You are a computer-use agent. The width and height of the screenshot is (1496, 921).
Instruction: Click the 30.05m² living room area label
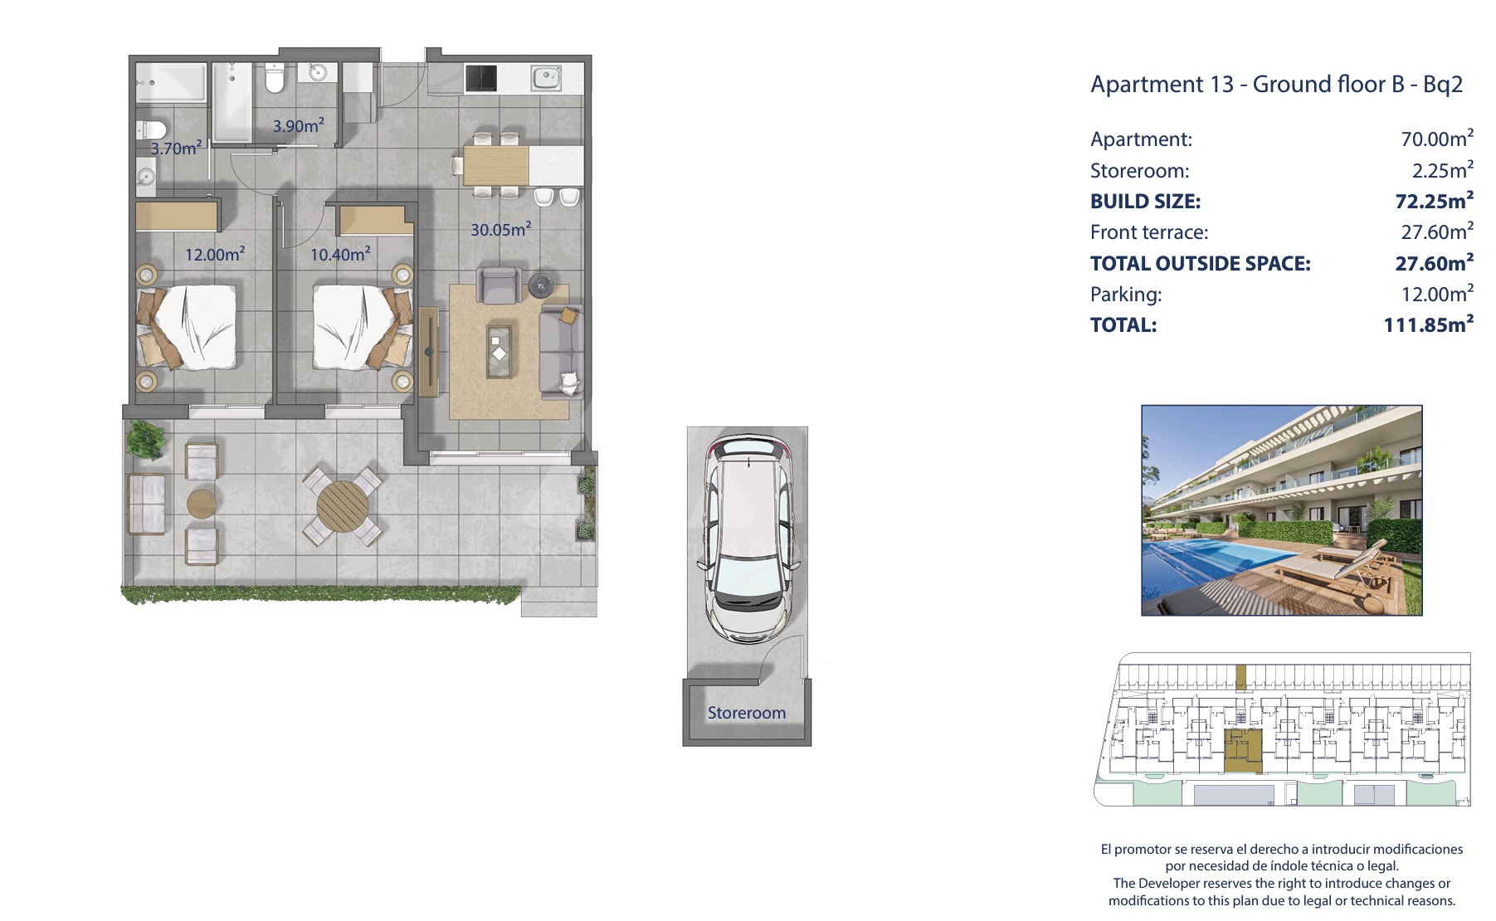point(501,229)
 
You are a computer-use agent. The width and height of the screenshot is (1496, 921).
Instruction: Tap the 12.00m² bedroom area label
point(215,254)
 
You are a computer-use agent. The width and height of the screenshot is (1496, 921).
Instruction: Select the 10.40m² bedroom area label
point(340,254)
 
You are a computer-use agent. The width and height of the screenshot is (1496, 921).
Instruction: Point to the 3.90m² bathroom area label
point(299,126)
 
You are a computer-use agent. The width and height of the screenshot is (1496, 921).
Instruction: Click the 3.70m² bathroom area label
point(176,148)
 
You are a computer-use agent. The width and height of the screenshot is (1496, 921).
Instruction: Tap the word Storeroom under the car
point(746,713)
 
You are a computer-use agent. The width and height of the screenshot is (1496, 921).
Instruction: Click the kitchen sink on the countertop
point(547,79)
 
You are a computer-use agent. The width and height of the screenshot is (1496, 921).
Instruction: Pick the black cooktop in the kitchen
point(481,79)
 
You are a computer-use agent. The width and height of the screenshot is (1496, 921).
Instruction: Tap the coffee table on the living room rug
point(499,352)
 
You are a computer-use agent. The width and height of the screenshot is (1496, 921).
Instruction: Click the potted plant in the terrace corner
point(146,441)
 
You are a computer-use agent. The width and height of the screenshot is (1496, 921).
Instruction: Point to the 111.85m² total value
point(1429,324)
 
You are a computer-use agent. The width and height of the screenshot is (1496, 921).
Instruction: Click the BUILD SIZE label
point(1145,202)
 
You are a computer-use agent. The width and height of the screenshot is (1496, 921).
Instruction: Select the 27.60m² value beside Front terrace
point(1438,231)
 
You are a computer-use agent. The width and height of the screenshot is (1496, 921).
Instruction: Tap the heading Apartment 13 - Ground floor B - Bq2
point(1276,84)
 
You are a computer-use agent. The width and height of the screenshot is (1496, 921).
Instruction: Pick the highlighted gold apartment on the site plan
point(1243,752)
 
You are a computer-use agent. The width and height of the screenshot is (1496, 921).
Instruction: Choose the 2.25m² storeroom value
point(1443,170)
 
